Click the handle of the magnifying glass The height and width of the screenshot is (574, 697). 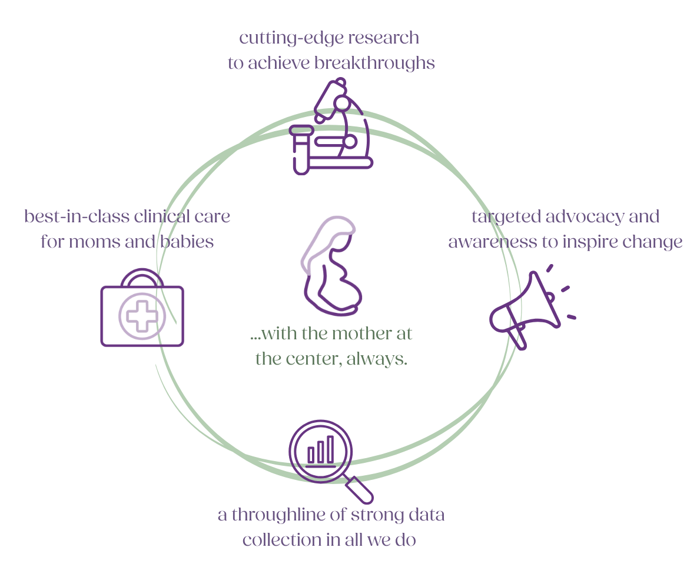point(360,490)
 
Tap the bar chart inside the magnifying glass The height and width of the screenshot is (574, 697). point(321,450)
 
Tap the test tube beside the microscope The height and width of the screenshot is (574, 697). point(300,150)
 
